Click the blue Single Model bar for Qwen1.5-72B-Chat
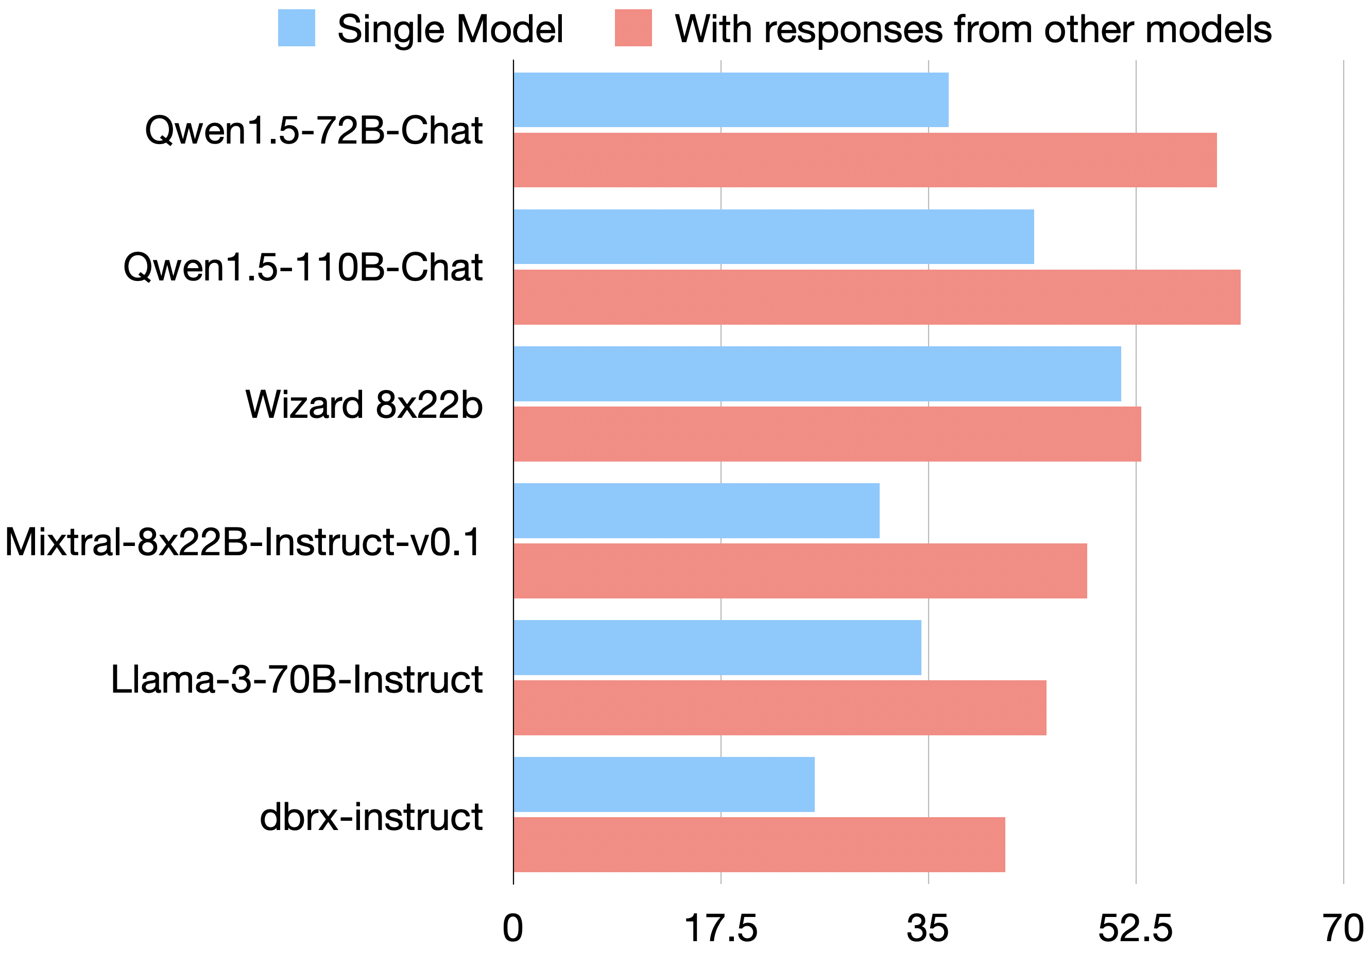(x=731, y=100)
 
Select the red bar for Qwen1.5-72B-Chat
(x=865, y=160)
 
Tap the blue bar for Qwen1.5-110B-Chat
(x=773, y=236)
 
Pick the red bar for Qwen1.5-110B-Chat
(x=877, y=297)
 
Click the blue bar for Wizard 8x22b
(x=817, y=374)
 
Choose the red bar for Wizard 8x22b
(x=827, y=434)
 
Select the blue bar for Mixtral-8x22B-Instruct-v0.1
(x=696, y=511)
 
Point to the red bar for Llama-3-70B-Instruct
(x=780, y=708)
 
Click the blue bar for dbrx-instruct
(x=664, y=785)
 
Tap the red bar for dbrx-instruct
(x=759, y=845)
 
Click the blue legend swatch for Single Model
(x=296, y=28)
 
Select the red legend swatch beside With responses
(x=633, y=28)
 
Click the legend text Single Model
(x=450, y=29)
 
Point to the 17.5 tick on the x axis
(x=721, y=928)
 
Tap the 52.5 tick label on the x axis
(x=1135, y=928)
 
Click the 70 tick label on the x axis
(x=1343, y=928)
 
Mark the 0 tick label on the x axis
(x=512, y=928)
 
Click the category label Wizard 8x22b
(x=364, y=404)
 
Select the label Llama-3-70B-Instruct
(x=297, y=679)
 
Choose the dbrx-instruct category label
(x=371, y=816)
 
